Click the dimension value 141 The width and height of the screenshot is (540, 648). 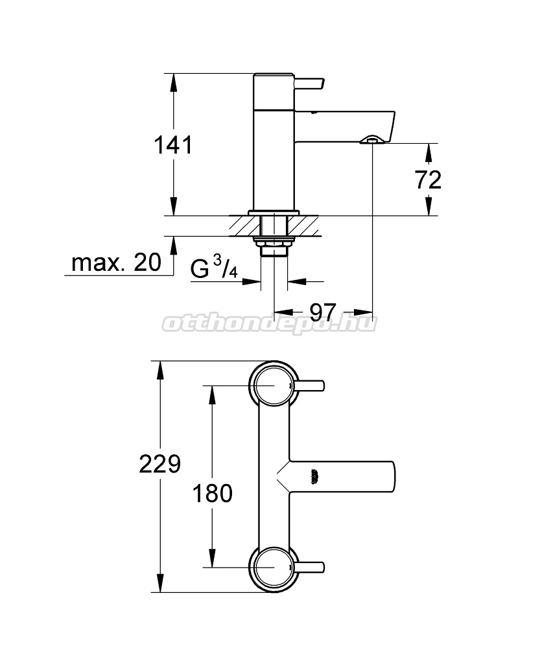173,145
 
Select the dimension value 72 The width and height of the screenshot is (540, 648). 428,179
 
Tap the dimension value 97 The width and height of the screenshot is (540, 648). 323,312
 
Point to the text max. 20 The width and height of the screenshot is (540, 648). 116,262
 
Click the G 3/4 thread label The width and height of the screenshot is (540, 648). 214,267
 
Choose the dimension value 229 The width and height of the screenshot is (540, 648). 159,464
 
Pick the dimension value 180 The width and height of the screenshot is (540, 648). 213,493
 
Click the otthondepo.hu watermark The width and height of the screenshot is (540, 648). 269,323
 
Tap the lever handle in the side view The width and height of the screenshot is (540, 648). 309,84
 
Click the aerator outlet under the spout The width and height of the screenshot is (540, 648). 373,140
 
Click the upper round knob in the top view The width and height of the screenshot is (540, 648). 274,385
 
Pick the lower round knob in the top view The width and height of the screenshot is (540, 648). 274,567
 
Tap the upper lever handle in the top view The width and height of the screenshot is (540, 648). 309,386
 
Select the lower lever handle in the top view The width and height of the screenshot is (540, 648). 309,567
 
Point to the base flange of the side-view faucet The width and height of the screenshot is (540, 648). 274,213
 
